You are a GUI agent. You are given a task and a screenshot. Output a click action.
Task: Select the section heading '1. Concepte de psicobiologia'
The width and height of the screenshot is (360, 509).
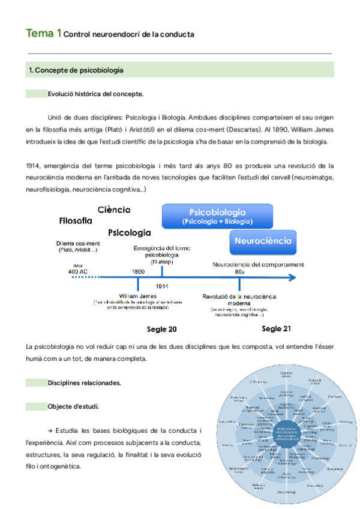[x=76, y=70]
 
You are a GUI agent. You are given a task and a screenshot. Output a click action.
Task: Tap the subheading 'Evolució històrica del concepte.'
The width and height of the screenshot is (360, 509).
[x=95, y=94]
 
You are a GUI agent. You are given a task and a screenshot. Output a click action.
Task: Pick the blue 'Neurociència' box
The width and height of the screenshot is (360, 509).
[x=263, y=241]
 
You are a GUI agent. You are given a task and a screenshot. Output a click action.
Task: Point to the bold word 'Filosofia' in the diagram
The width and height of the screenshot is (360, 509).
[x=76, y=221]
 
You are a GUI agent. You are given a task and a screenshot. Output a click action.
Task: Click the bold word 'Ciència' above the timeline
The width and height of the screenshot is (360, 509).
[x=115, y=209]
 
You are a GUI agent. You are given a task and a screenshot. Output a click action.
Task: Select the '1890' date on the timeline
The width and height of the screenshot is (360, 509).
[x=138, y=271]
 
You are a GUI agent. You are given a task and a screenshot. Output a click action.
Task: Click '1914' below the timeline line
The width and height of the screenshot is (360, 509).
[x=161, y=286]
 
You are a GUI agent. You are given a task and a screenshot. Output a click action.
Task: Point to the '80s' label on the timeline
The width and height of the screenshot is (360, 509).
[x=239, y=271]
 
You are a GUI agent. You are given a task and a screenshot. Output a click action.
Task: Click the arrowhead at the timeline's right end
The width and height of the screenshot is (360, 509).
[x=292, y=278]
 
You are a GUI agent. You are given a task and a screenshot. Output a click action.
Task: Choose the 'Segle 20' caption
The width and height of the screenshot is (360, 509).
[x=162, y=330]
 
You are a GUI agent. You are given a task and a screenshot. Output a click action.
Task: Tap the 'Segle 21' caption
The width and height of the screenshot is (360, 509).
[x=277, y=329]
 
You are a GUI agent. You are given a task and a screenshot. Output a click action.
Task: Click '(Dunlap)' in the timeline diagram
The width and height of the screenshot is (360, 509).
[x=154, y=262]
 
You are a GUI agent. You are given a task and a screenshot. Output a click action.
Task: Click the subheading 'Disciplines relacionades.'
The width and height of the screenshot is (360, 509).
[x=85, y=382]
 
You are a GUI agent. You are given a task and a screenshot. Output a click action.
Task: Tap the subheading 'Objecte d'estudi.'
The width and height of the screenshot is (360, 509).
[x=74, y=406]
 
